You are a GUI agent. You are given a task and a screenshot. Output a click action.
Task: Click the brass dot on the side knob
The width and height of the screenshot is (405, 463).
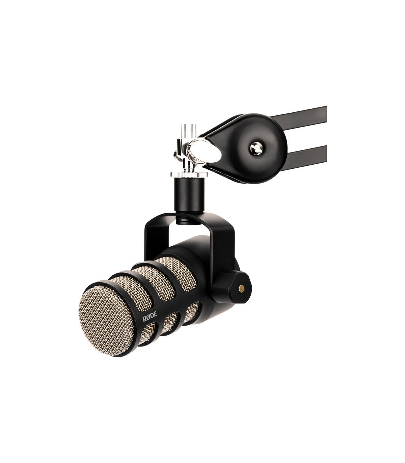pyautogui.click(x=242, y=288)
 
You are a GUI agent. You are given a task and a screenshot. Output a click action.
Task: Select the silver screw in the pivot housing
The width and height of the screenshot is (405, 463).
pyautogui.click(x=256, y=148)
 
